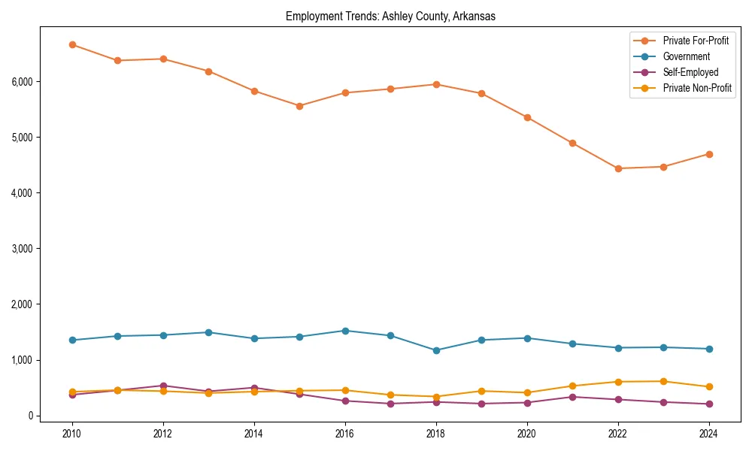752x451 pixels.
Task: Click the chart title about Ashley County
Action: point(390,17)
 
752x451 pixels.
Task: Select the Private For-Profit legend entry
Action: point(696,41)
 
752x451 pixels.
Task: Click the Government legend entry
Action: point(686,56)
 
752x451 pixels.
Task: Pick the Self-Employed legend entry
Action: point(690,72)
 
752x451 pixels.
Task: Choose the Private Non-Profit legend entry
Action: point(697,88)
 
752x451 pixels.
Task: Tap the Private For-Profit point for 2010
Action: point(72,44)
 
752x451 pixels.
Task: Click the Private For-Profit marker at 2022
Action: point(618,168)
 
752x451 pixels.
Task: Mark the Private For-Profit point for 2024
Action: point(709,154)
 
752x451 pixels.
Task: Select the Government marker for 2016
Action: point(345,331)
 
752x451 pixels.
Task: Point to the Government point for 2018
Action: point(436,350)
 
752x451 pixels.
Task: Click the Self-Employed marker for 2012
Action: point(163,386)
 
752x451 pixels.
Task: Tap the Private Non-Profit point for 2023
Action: point(663,381)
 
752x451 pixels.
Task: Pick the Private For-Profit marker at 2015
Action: point(299,106)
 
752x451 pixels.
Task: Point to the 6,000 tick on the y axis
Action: point(23,81)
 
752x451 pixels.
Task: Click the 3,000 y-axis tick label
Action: point(23,249)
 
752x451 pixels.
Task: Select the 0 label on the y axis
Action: point(31,416)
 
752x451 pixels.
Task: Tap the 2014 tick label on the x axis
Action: point(254,434)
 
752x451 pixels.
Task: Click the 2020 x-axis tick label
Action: point(527,434)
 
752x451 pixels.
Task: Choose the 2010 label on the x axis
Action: point(72,434)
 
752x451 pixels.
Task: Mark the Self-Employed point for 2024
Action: point(709,404)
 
